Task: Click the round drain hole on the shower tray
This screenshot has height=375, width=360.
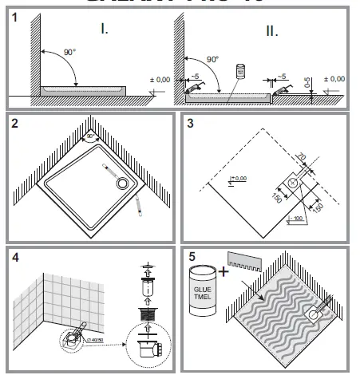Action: [121, 183]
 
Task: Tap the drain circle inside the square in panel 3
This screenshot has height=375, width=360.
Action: [294, 184]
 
